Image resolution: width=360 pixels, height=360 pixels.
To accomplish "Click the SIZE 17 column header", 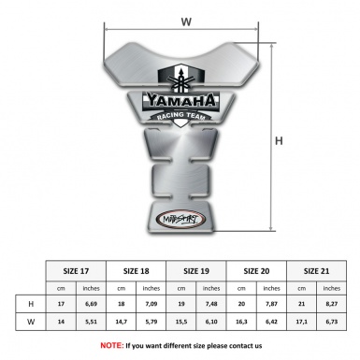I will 76,270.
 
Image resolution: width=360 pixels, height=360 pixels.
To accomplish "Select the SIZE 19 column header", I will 196,270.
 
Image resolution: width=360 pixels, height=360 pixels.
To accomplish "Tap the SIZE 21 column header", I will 316,270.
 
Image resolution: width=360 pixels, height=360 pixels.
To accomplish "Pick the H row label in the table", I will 31,305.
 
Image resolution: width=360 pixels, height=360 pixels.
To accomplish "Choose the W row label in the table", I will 31,323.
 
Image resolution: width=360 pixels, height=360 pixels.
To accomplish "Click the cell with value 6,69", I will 92,305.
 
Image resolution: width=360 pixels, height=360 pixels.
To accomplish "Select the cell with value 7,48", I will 211,305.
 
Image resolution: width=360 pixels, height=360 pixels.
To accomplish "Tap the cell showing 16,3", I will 241,323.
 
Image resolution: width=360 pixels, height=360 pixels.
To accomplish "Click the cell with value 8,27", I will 331,305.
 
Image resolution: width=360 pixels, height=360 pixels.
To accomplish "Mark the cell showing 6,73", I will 331,323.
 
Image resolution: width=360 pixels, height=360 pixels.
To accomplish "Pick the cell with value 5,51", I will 92,323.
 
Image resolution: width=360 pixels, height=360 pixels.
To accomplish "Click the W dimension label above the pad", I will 186,21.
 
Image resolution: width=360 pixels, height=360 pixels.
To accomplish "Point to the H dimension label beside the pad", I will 278,141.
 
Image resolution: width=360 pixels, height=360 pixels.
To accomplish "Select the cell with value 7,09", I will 151,305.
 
